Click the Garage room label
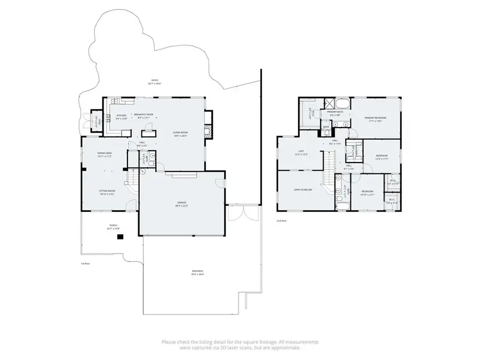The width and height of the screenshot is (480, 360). click(x=181, y=203)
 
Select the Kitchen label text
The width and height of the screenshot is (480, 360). click(x=121, y=115)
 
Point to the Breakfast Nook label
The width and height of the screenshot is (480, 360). click(x=143, y=115)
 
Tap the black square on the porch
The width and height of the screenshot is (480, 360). click(x=119, y=238)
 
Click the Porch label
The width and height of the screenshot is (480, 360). click(x=113, y=226)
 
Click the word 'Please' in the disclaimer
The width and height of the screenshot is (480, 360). click(x=169, y=341)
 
